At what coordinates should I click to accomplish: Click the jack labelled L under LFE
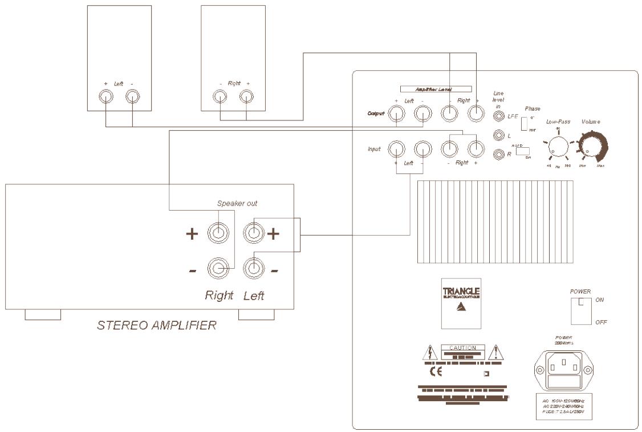(499, 136)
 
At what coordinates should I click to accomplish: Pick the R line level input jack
(499, 154)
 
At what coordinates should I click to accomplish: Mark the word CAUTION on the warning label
(462, 347)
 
